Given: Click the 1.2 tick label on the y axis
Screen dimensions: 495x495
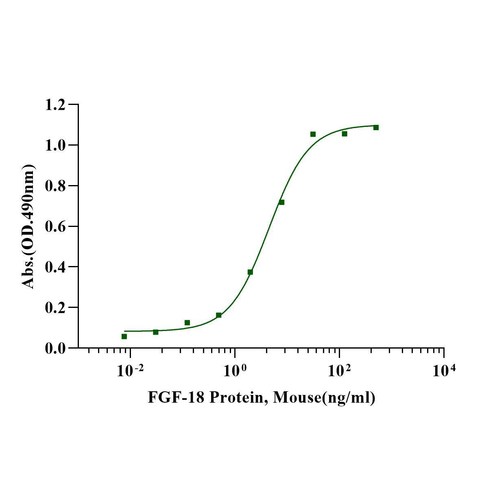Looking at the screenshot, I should [x=55, y=105].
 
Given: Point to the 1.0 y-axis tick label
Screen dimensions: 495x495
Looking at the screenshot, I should [x=55, y=146].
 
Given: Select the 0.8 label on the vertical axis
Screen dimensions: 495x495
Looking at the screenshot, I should [x=55, y=186].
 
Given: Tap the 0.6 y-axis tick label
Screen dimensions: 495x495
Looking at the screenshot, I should [x=55, y=227].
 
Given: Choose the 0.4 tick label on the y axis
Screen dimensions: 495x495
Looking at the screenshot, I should [x=55, y=267].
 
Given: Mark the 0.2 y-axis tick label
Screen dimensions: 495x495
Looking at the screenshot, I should [x=55, y=308].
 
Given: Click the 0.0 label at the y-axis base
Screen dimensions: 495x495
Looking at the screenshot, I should [x=55, y=349].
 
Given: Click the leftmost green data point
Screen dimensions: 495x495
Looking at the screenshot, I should [x=124, y=336].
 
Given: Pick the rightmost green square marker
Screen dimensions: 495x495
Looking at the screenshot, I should [x=376, y=127].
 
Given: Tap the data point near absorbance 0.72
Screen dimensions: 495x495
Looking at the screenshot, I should [x=281, y=202].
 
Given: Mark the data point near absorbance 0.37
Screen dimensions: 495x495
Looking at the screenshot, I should [x=250, y=272].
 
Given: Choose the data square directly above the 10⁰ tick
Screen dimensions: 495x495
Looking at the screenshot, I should [x=219, y=315].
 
